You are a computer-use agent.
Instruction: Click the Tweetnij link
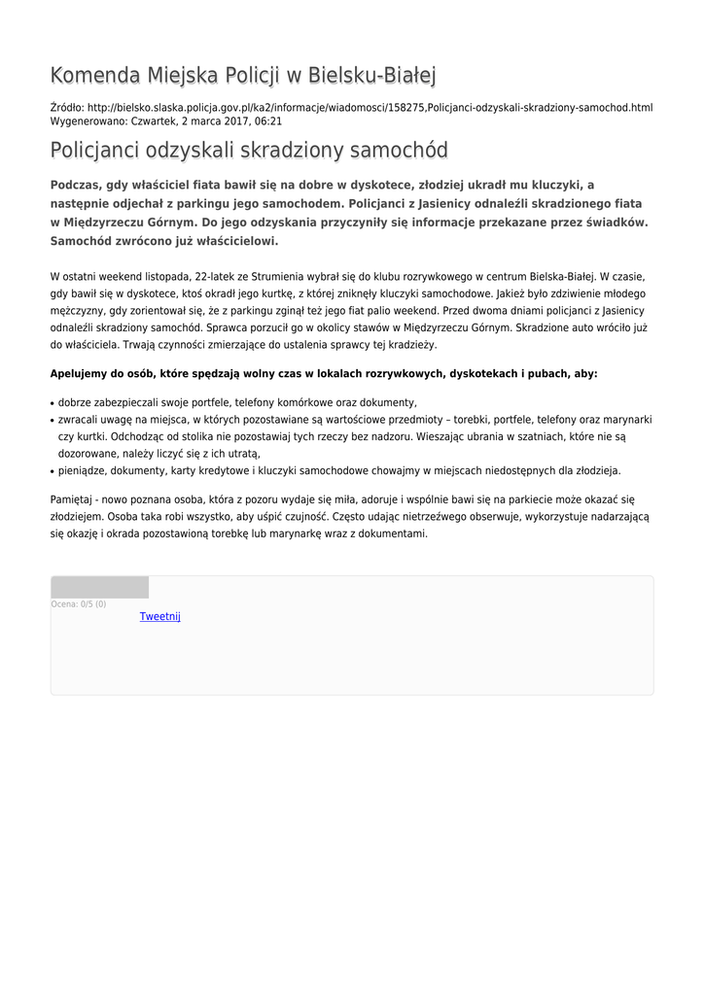159,616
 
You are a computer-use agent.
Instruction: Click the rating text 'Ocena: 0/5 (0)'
79,604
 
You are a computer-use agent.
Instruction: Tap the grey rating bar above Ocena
99,587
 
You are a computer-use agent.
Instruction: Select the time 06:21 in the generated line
268,121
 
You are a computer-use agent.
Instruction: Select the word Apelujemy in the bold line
83,373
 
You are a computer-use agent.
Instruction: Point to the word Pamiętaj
76,498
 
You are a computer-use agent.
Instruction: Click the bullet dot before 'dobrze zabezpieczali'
53,402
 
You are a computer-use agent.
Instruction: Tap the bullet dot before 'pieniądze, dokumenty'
53,471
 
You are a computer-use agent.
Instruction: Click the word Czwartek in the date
155,121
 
